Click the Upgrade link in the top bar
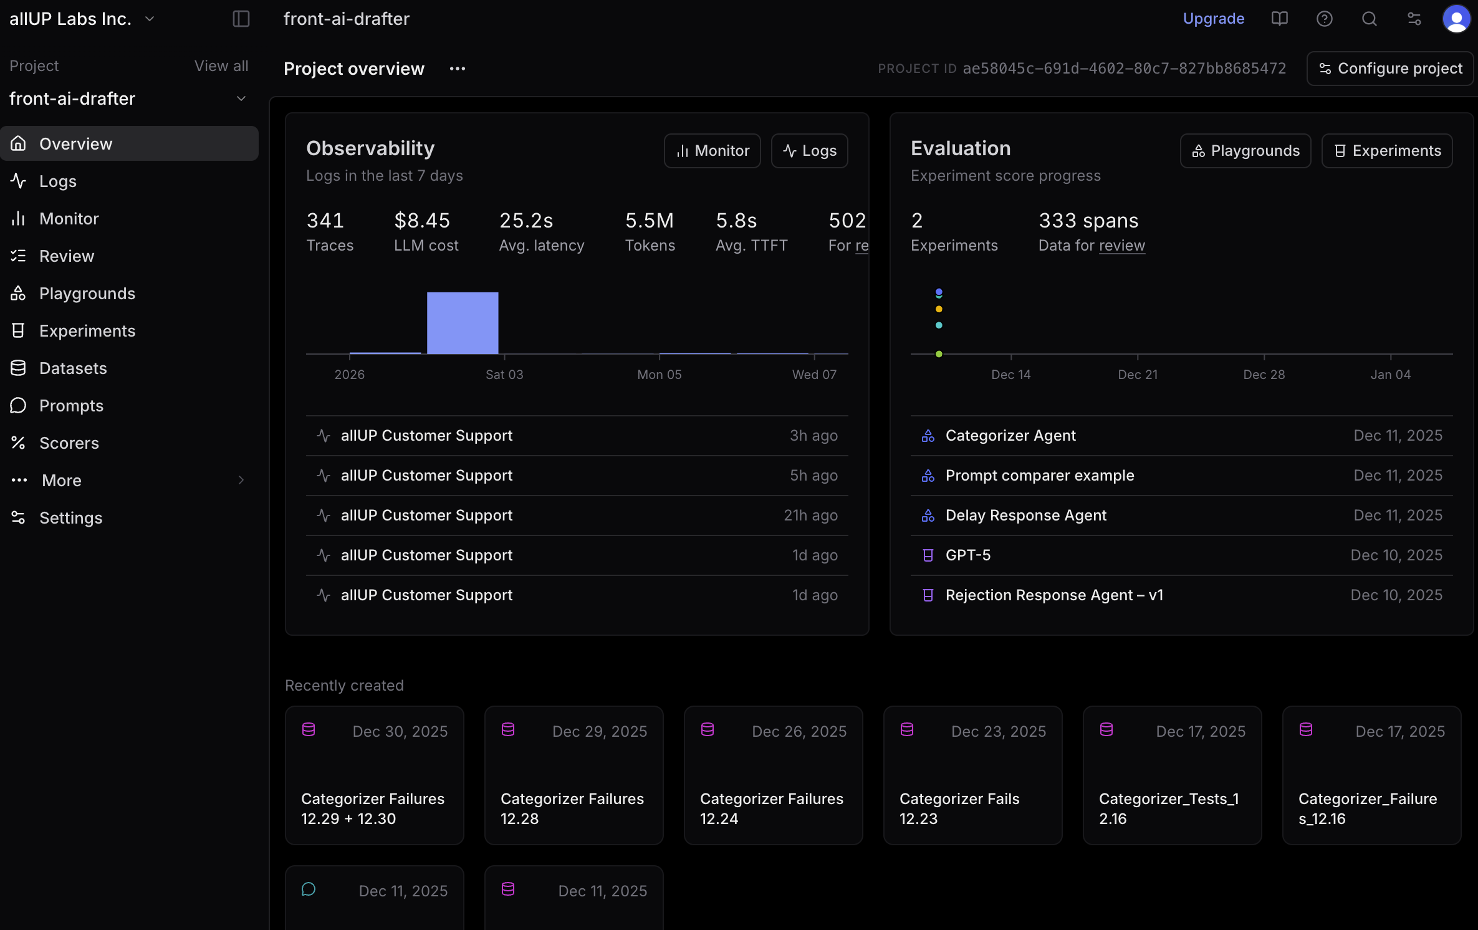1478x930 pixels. tap(1213, 19)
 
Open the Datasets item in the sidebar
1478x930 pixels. tap(72, 368)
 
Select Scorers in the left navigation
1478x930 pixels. tap(69, 443)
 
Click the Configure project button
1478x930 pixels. tap(1390, 69)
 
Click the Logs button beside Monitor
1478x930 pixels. tap(809, 151)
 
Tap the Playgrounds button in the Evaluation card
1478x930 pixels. tap(1245, 151)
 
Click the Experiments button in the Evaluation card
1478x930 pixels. tap(1387, 151)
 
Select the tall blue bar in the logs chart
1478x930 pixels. tap(463, 323)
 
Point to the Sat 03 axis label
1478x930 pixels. tap(504, 375)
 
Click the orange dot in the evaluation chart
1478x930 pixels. tap(939, 309)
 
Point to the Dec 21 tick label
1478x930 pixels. tap(1138, 375)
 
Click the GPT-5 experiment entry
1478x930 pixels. tap(968, 555)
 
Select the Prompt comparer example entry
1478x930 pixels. tap(1039, 476)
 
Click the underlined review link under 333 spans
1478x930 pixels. tap(1121, 246)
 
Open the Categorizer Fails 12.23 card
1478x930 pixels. tap(972, 775)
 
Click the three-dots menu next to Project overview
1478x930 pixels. tap(458, 69)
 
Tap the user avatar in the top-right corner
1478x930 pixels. tap(1456, 19)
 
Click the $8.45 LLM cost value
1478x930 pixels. tap(422, 221)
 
